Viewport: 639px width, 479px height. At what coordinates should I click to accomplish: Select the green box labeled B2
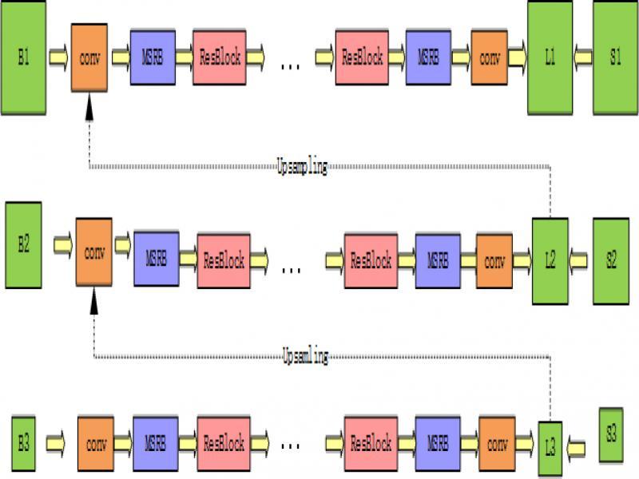tap(24, 244)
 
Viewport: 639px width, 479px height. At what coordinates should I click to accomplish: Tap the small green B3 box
tap(23, 441)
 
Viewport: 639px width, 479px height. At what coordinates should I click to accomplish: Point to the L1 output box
tap(550, 57)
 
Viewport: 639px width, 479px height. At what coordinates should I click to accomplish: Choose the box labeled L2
tap(550, 260)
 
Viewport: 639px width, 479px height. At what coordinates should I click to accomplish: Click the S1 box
tap(614, 57)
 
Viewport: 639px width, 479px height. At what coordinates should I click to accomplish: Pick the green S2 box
tap(611, 260)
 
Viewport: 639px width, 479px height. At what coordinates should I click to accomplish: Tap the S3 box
tap(611, 435)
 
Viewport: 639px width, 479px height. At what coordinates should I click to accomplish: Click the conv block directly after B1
tap(89, 57)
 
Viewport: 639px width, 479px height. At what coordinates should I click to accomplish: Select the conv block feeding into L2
tap(494, 260)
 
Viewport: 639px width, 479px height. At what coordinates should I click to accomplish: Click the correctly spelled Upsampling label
tap(302, 168)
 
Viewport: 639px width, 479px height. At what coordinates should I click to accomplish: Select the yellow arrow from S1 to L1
tap(583, 57)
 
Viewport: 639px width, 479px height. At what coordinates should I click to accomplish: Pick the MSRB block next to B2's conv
tap(156, 259)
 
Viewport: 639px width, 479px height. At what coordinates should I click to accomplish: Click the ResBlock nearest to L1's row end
tap(362, 57)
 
